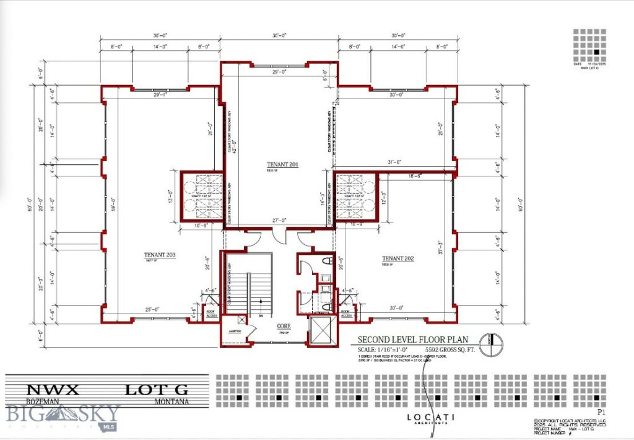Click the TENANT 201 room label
coord(284,164)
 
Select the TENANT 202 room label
coord(397,258)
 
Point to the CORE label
coord(284,325)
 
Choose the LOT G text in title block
coord(156,390)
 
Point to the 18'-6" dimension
coord(416,177)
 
